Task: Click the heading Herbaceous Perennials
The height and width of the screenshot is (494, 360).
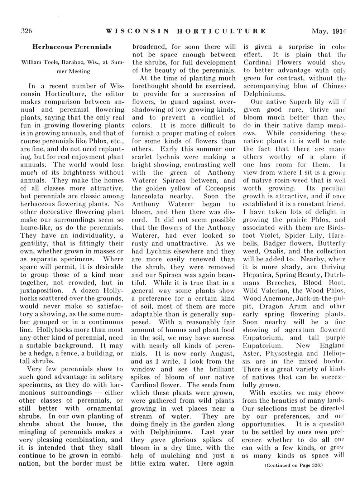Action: pos(72,47)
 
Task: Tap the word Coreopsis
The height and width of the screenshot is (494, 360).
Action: pos(219,188)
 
